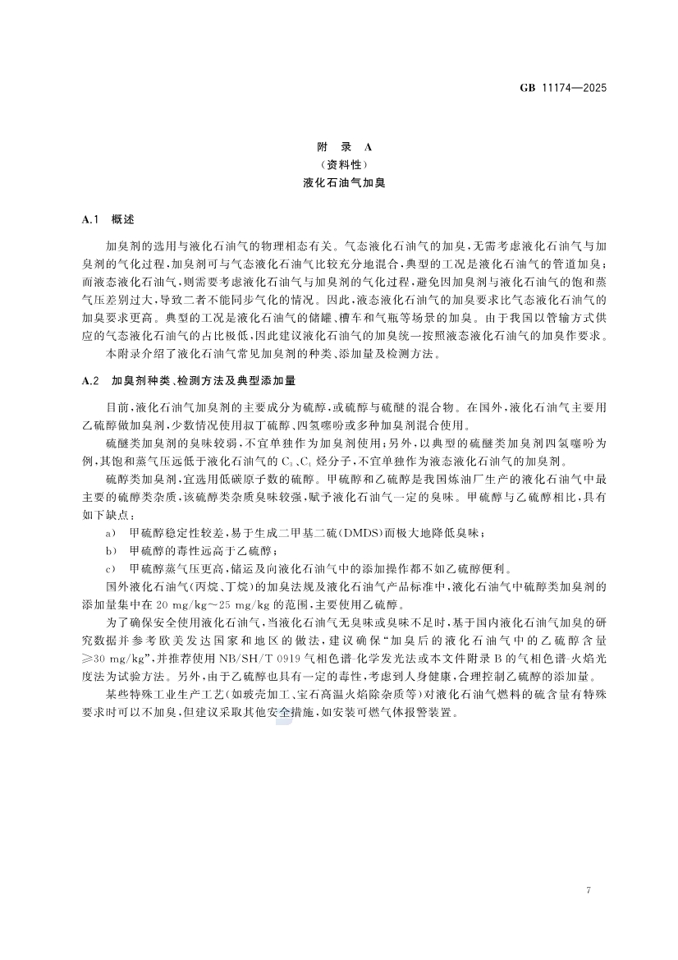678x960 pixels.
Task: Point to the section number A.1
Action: (91, 220)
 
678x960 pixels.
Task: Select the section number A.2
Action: (91, 383)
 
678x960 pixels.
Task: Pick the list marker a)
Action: (112, 534)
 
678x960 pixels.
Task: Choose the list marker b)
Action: (112, 550)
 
